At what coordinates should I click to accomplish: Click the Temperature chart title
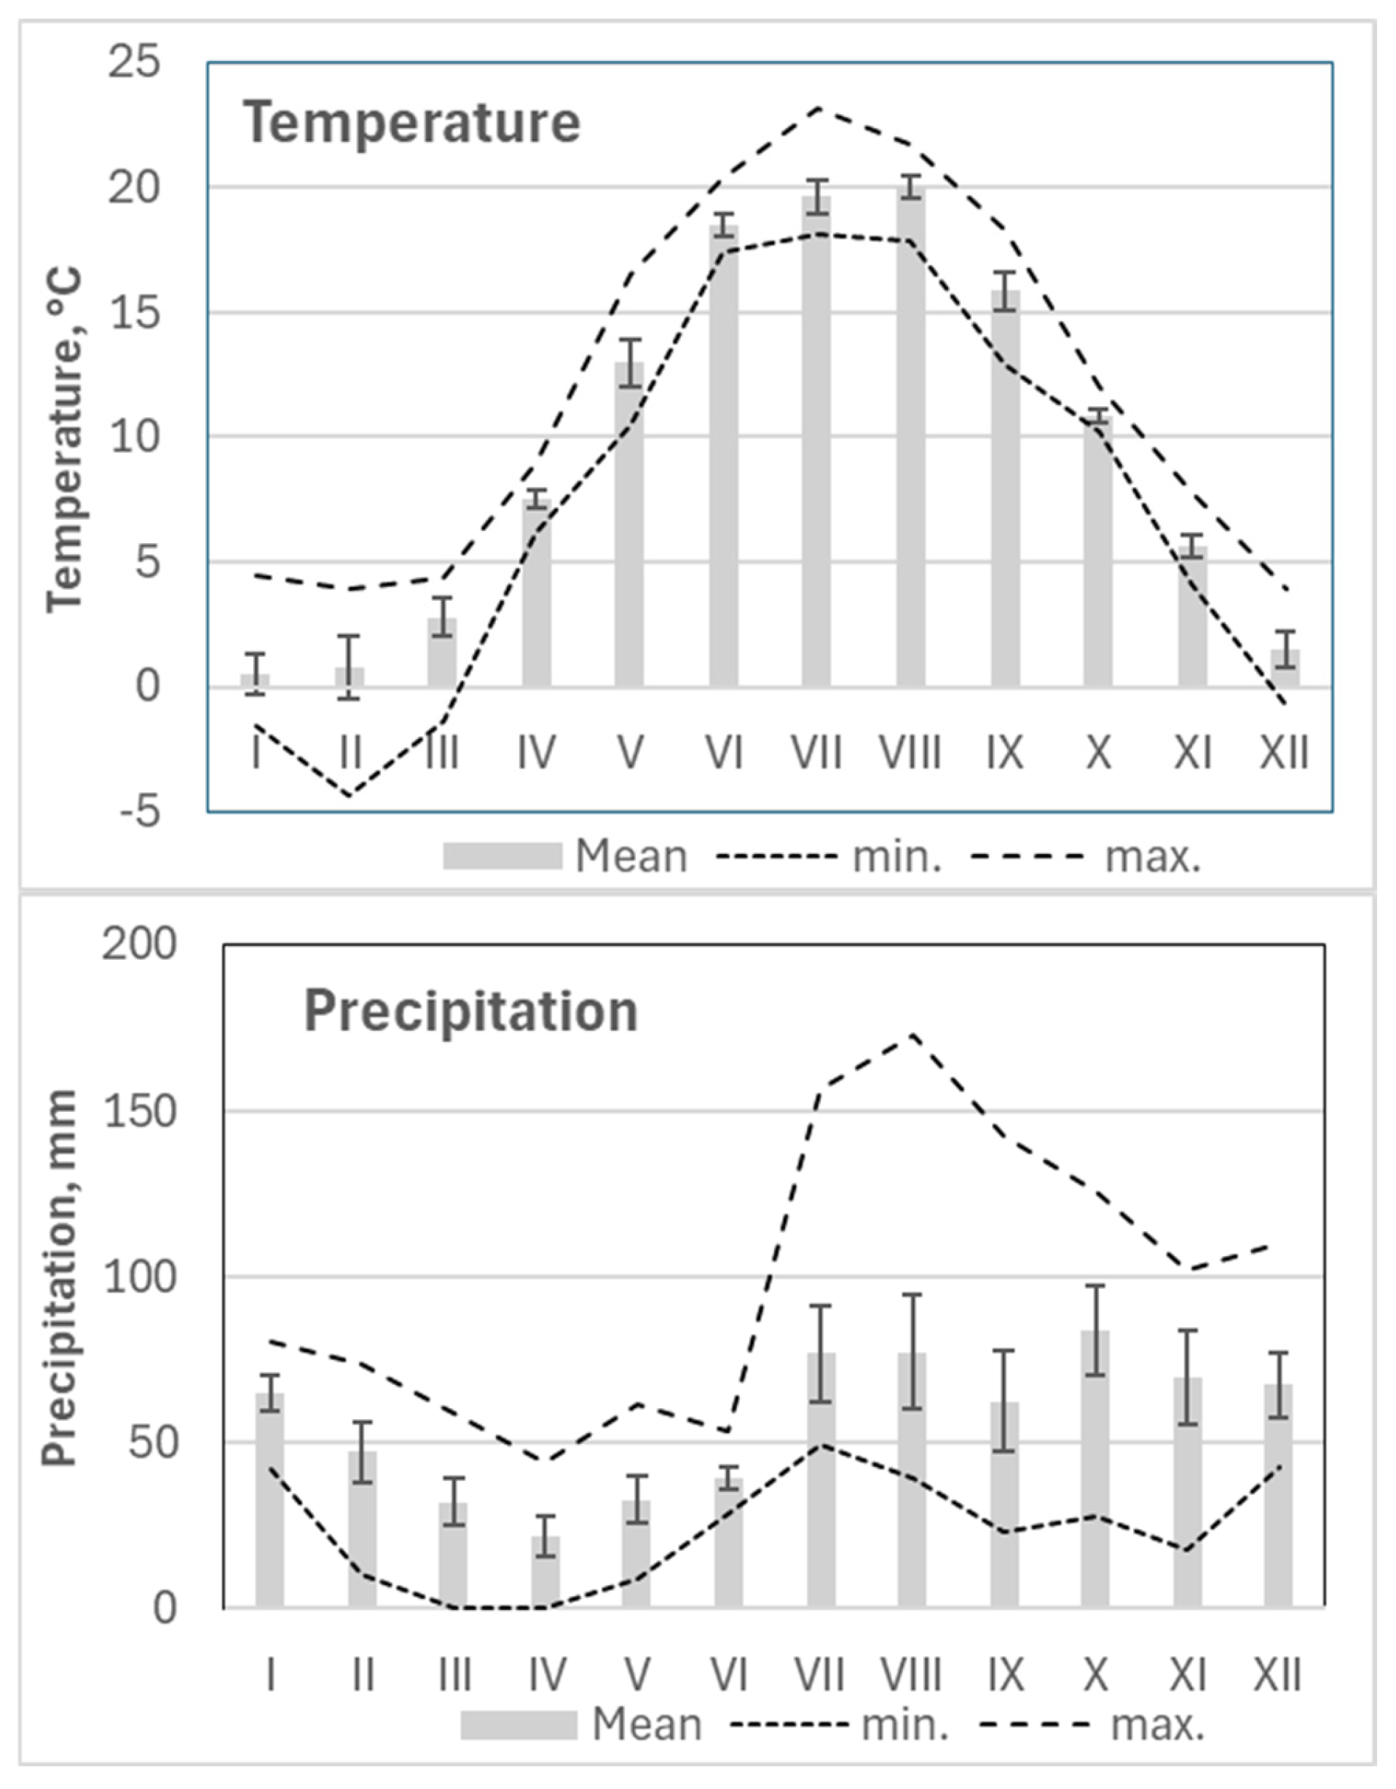412,122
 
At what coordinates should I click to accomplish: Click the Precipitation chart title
470,1011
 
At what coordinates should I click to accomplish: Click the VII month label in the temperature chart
817,751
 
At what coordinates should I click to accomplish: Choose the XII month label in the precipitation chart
1277,1675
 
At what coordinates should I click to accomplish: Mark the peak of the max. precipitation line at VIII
912,1034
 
